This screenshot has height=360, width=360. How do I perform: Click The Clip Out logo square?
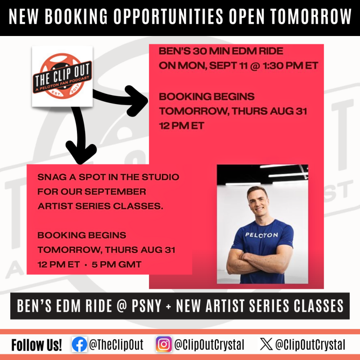[62, 76]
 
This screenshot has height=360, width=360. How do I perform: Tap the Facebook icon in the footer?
[79, 345]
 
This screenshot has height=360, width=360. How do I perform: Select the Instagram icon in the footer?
[163, 345]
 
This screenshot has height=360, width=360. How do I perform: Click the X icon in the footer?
[266, 345]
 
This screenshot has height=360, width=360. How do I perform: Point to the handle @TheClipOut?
[116, 345]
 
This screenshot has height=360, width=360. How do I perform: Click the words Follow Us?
[37, 345]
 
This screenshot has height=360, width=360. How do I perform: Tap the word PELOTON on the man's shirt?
[262, 234]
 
